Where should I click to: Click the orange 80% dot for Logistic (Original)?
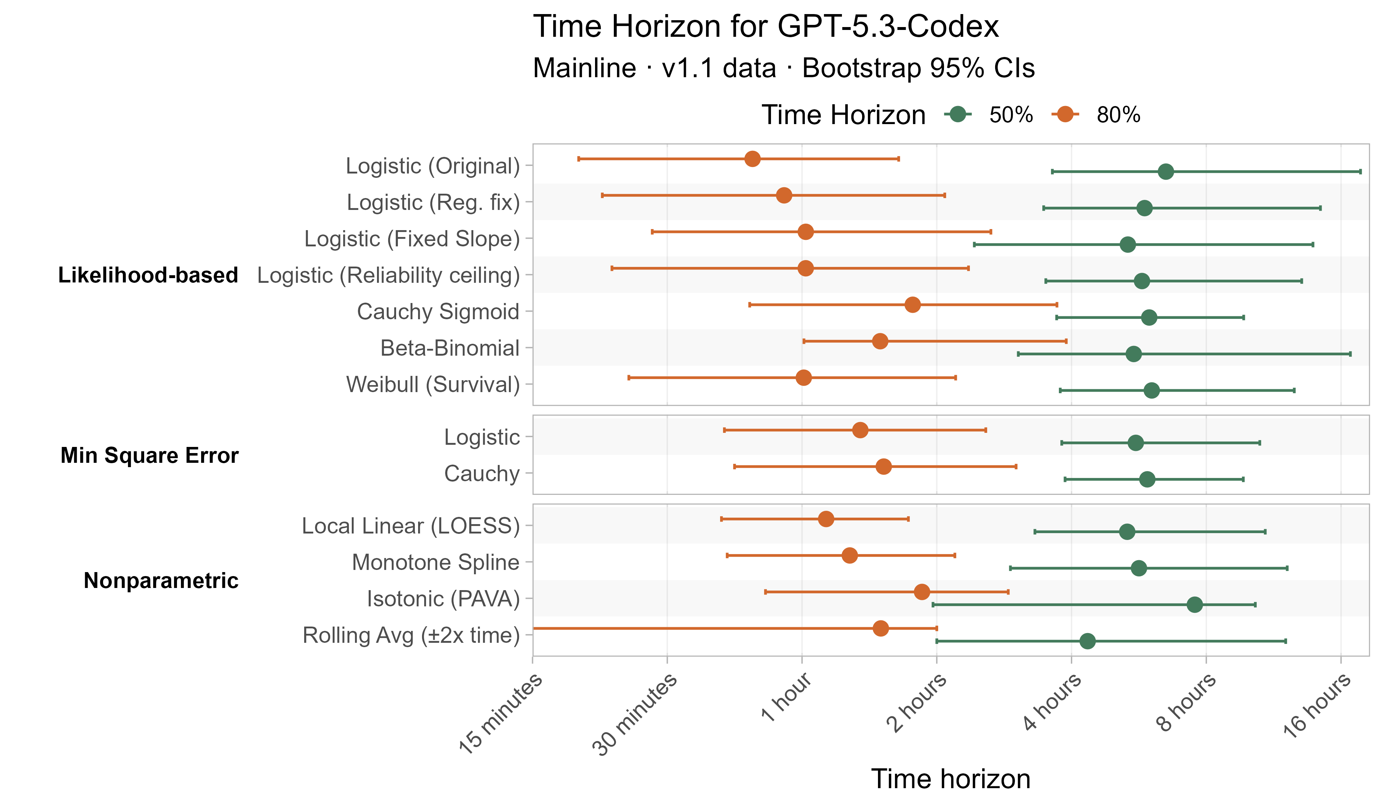[x=753, y=159]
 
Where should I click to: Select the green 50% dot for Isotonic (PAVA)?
[x=1194, y=605]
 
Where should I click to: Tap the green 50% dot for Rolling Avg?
[x=1087, y=641]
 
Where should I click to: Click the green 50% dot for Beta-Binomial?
[x=1134, y=354]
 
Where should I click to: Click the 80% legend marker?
[x=1065, y=114]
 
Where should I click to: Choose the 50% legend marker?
[x=958, y=114]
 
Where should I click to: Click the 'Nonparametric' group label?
[x=161, y=580]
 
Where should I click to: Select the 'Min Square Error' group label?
[x=149, y=455]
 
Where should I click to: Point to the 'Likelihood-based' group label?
[x=148, y=275]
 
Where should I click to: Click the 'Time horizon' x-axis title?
[x=951, y=779]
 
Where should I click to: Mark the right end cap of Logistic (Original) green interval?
[x=1360, y=171]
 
